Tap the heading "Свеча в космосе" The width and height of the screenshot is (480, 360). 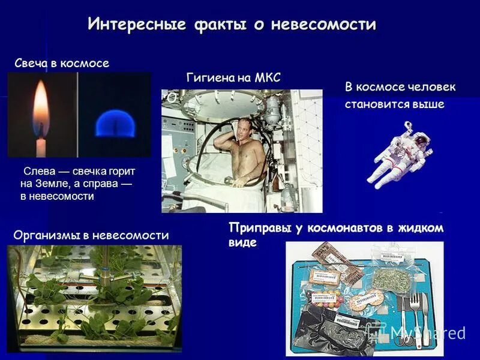(x=62, y=63)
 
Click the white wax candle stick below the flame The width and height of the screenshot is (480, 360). (x=41, y=146)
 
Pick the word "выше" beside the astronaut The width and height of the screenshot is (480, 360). (x=428, y=104)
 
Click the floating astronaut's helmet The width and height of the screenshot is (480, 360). (x=422, y=141)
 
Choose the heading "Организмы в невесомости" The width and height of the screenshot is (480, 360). (x=91, y=236)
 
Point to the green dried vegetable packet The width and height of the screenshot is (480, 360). (x=390, y=280)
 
